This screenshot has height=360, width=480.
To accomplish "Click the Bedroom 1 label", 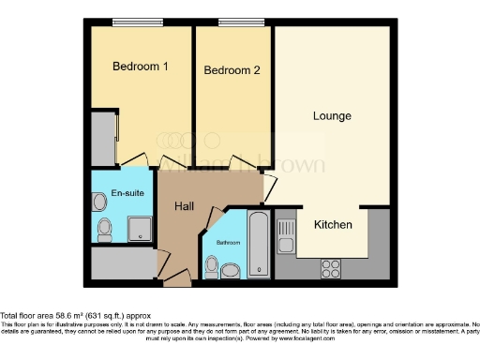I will coord(140,67).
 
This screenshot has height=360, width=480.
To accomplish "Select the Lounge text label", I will coord(332,116).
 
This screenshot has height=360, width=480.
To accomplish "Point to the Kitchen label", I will coord(333,225).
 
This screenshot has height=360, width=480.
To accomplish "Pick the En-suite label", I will coord(126,193).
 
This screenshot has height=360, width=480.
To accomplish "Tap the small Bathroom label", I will coord(229,243).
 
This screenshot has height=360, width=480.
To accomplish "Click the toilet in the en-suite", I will coord(104,228).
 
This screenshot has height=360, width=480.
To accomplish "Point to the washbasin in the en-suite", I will coord(99,200).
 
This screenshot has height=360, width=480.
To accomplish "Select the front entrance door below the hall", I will coord(176,277).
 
